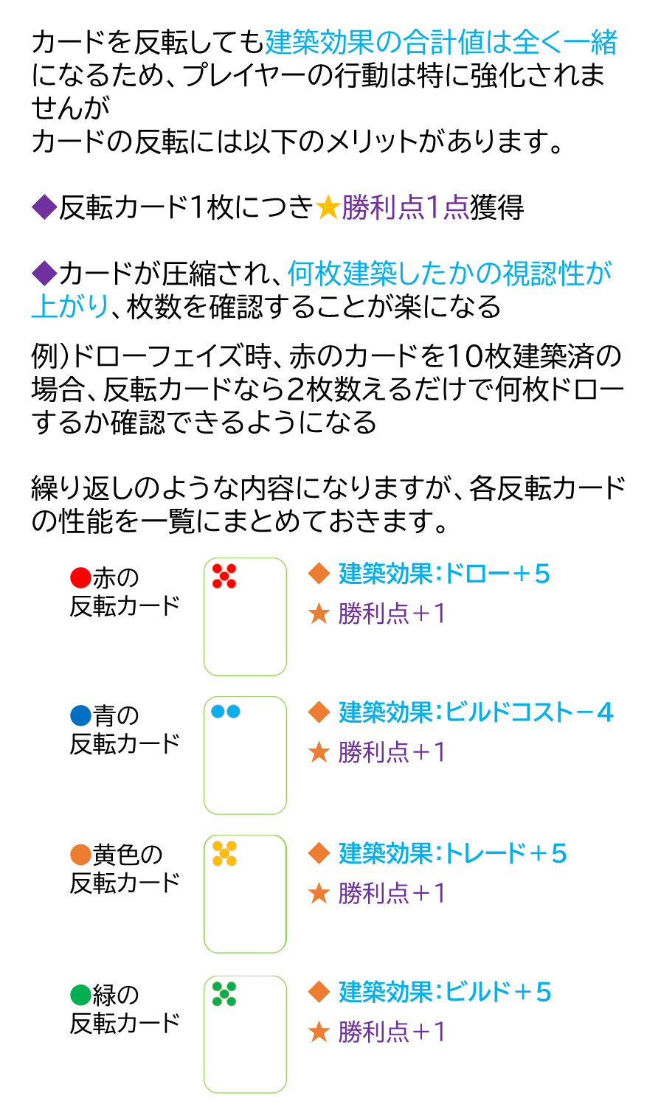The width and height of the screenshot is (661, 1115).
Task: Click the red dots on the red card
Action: [224, 576]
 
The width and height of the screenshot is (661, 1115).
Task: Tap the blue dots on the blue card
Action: [225, 712]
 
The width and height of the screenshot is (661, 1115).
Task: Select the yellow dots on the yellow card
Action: [224, 853]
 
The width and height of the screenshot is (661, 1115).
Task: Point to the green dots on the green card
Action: [224, 993]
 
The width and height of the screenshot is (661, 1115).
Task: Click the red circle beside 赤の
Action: [80, 577]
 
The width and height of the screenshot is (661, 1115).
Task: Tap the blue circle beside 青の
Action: [80, 715]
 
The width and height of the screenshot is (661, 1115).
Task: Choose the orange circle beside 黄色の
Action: [80, 855]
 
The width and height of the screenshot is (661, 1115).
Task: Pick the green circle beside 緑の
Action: [80, 995]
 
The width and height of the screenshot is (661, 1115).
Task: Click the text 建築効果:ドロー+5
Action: [444, 574]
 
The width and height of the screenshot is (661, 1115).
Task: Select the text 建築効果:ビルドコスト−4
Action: [476, 712]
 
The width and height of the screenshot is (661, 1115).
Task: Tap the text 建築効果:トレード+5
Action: [452, 853]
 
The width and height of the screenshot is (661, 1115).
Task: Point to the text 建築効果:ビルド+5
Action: [445, 992]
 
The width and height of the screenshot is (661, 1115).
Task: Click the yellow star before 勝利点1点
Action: [327, 209]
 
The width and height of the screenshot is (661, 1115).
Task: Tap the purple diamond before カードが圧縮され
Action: [44, 274]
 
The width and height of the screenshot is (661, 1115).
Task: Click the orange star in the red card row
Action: [319, 614]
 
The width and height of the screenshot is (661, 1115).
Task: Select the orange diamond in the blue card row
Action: [319, 712]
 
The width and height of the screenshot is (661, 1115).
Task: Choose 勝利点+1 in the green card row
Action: [392, 1032]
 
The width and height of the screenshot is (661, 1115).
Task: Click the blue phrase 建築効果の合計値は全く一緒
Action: [440, 43]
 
